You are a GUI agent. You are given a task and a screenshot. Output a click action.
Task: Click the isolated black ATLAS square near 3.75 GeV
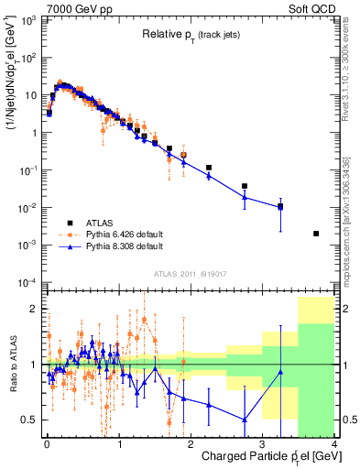click(x=316, y=234)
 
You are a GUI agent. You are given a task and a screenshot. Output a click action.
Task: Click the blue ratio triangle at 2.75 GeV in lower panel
click(x=245, y=420)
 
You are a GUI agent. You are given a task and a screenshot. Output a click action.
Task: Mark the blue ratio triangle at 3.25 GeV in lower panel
click(x=280, y=372)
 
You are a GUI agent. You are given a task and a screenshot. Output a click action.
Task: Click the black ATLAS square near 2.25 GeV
click(x=209, y=169)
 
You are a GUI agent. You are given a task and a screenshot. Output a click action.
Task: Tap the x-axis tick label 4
click(x=334, y=443)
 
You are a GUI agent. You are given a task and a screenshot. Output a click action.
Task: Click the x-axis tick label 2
click(x=191, y=443)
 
